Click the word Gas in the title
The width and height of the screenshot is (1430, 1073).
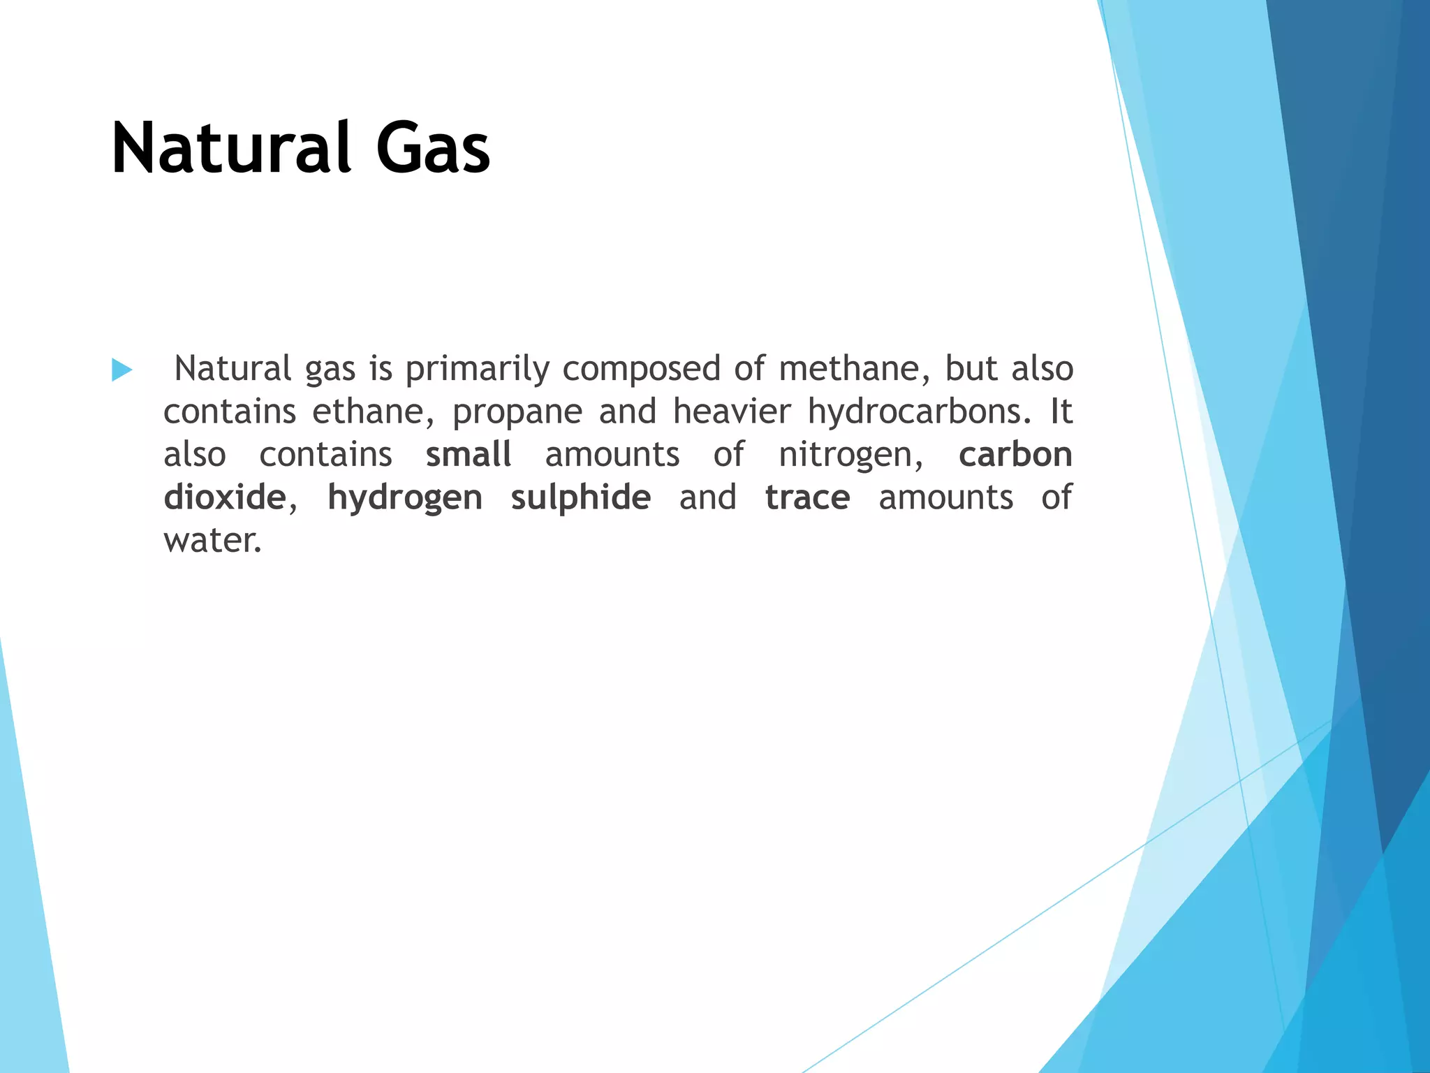[x=433, y=148]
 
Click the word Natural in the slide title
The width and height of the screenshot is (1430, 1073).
[x=231, y=148]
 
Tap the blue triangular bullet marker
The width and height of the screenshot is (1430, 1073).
[x=121, y=370]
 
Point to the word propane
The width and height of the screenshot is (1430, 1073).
[x=517, y=412]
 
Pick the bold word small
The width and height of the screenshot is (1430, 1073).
[x=469, y=454]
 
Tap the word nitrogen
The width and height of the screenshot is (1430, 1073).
[x=850, y=455]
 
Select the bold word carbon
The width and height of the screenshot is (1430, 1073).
[x=1015, y=454]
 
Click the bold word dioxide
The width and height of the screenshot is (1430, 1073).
[x=225, y=497]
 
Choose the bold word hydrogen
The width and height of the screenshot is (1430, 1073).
[x=405, y=499]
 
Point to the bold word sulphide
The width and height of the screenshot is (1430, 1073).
[x=581, y=499]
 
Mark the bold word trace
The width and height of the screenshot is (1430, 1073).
[x=807, y=497]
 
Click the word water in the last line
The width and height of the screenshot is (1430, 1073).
[x=212, y=541]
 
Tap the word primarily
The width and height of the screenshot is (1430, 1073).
[x=477, y=370]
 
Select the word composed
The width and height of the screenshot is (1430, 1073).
[x=641, y=370]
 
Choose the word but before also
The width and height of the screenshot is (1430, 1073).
[x=971, y=368]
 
